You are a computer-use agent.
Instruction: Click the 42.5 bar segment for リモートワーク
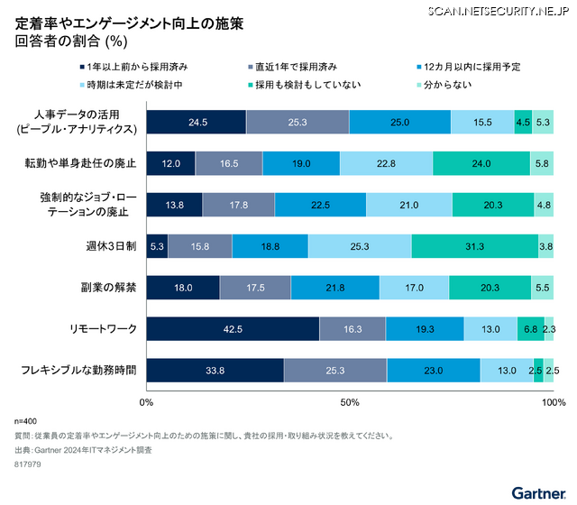pos(233,329)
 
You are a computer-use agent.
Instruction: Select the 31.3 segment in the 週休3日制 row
pos(474,246)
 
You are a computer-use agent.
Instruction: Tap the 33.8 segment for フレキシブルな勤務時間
pos(215,370)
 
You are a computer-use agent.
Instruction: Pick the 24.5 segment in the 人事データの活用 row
pos(196,122)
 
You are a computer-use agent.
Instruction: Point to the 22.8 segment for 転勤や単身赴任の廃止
pos(386,163)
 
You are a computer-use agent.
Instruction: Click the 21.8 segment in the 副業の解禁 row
pos(335,288)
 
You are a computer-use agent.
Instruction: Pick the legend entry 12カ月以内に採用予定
pos(469,67)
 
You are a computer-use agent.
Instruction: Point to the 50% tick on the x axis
pos(350,401)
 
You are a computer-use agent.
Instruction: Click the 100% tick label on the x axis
pos(552,401)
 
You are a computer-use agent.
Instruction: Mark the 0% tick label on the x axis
pos(146,401)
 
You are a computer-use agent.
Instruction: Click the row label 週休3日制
pos(112,246)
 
